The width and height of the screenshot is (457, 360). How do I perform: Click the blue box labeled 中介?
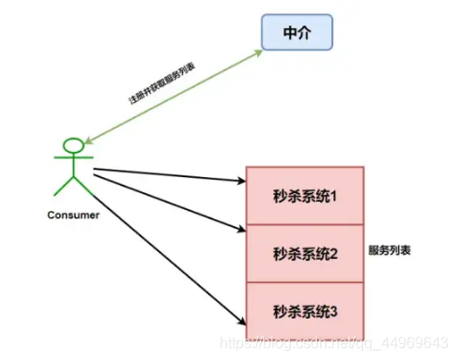click(297, 34)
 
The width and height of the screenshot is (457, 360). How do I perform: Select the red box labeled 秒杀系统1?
click(305, 197)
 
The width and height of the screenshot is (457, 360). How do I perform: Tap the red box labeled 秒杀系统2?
click(305, 253)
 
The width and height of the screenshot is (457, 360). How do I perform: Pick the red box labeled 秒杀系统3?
click(305, 309)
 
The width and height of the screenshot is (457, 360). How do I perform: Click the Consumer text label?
click(73, 216)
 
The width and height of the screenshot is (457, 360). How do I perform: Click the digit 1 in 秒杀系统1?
click(333, 197)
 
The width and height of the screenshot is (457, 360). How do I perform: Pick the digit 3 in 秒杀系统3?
click(333, 309)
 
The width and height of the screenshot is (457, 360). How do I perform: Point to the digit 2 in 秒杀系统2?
click(333, 253)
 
